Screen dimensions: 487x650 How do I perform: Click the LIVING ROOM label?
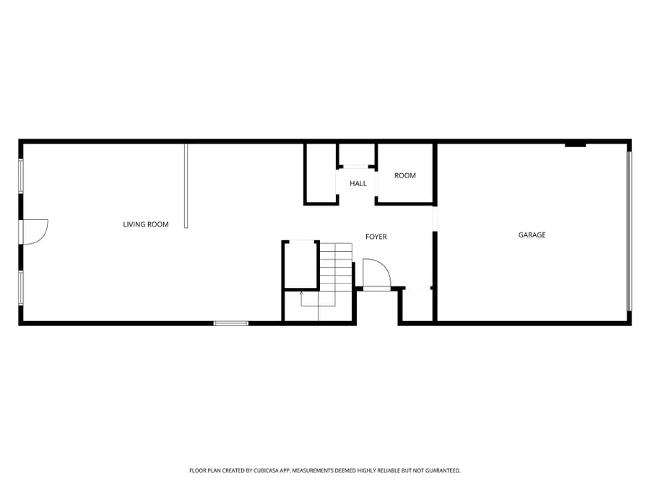[x=146, y=224]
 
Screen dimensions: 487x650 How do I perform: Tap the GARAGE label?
[x=532, y=234]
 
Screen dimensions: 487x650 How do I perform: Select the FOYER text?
[x=376, y=237]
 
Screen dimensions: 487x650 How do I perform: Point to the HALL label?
[x=358, y=183]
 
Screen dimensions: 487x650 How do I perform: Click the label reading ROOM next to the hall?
[x=405, y=175]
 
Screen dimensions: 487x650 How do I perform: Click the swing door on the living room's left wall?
[x=35, y=232]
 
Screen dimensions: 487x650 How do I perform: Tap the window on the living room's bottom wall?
[x=231, y=323]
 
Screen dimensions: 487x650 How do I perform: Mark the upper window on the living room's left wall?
[x=21, y=175]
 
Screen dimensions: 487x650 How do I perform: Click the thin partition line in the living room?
[x=186, y=185]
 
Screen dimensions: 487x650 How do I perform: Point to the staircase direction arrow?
[x=301, y=296]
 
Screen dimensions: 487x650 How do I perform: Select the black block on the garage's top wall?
[x=575, y=145]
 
